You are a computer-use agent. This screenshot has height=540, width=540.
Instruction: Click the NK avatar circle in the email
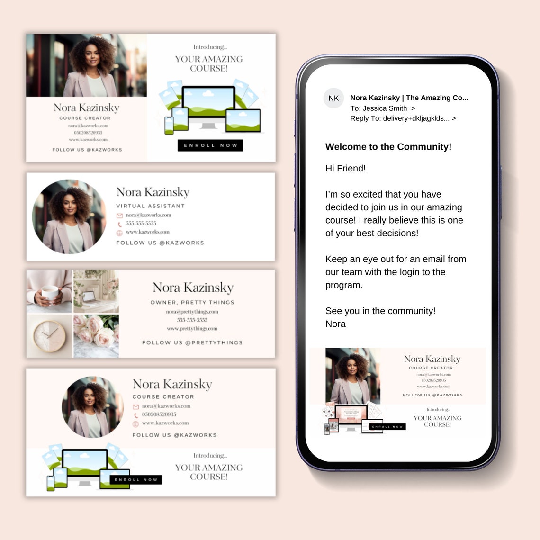[333, 98]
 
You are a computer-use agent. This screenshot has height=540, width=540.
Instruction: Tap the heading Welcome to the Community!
[388, 147]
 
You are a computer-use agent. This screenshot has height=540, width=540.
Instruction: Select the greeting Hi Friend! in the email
[345, 168]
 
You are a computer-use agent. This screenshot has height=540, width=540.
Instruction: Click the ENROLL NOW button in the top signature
[210, 145]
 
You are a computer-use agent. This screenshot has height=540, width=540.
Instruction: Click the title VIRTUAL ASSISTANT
[150, 206]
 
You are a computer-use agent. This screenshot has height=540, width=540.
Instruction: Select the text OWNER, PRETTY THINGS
[192, 302]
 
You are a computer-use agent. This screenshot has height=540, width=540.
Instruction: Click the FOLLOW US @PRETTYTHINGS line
[192, 342]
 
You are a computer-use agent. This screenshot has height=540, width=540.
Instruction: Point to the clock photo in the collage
[49, 336]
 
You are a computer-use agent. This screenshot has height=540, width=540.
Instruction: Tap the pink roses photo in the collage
[96, 336]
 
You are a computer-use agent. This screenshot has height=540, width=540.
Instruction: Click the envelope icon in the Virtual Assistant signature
[119, 216]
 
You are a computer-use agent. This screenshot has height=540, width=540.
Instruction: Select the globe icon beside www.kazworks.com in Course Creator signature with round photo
[135, 423]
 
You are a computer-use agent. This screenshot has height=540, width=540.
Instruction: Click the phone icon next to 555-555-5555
[119, 224]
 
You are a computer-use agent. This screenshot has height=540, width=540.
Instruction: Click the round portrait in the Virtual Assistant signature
[69, 216]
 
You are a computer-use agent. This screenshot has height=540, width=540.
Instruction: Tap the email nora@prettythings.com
[192, 312]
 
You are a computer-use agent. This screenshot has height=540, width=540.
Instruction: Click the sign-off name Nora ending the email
[335, 324]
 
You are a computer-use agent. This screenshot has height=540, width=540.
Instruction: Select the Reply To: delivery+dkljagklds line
[403, 118]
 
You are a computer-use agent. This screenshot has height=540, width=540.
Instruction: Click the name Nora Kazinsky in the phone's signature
[432, 359]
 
